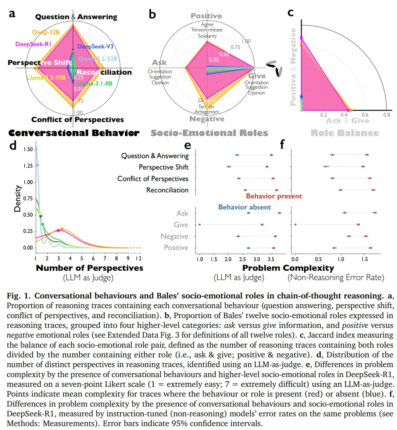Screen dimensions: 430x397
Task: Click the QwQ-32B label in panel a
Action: pyautogui.click(x=46, y=32)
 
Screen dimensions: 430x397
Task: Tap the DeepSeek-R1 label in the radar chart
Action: pyautogui.click(x=33, y=44)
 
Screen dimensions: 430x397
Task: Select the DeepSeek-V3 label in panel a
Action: pyautogui.click(x=95, y=47)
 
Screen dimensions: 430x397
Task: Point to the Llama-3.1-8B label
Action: pyautogui.click(x=95, y=83)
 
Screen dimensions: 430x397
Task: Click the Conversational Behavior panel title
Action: pyautogui.click(x=74, y=133)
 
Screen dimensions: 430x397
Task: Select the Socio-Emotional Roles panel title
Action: pyautogui.click(x=209, y=133)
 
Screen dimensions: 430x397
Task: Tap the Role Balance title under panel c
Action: pyautogui.click(x=344, y=133)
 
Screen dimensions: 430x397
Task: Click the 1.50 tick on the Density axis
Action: pyautogui.click(x=28, y=149)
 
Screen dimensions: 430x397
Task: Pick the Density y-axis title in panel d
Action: pyautogui.click(x=17, y=198)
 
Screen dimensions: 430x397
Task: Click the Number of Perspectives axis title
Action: pyautogui.click(x=89, y=268)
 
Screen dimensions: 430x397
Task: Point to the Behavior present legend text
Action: pyautogui.click(x=274, y=196)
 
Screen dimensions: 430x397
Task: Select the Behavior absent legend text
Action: pyautogui.click(x=244, y=207)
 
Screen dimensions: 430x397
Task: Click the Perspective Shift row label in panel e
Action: pyautogui.click(x=164, y=167)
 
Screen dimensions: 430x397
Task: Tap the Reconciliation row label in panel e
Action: pyautogui.click(x=167, y=190)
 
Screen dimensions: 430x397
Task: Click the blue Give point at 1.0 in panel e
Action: pyautogui.click(x=200, y=224)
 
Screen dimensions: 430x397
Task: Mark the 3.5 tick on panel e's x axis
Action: pyautogui.click(x=271, y=259)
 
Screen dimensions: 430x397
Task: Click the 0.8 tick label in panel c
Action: pyautogui.click(x=387, y=115)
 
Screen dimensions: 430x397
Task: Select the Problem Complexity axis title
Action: pyautogui.click(x=288, y=268)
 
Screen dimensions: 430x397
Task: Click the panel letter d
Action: pyautogui.click(x=13, y=146)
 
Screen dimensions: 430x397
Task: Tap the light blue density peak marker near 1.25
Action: pyautogui.click(x=37, y=165)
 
